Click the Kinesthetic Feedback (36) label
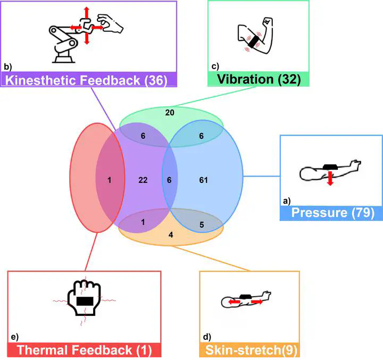pyautogui.click(x=86, y=80)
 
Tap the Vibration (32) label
pyautogui.click(x=259, y=79)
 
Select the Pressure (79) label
pyautogui.click(x=332, y=213)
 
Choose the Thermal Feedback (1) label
pyautogui.click(x=84, y=350)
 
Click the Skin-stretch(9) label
pyautogui.click(x=251, y=350)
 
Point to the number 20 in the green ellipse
pyautogui.click(x=170, y=113)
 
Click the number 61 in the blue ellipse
pyautogui.click(x=203, y=180)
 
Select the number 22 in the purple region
pyautogui.click(x=143, y=180)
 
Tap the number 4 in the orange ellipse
pyautogui.click(x=171, y=235)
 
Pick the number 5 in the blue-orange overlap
pyautogui.click(x=202, y=225)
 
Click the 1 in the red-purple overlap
pyautogui.click(x=109, y=180)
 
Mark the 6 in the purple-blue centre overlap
pyautogui.click(x=169, y=180)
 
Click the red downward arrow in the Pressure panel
pyautogui.click(x=330, y=178)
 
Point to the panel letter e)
pyautogui.click(x=15, y=337)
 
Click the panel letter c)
pyautogui.click(x=215, y=66)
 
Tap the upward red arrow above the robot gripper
pyautogui.click(x=87, y=13)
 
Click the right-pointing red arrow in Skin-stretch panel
pyautogui.click(x=257, y=302)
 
